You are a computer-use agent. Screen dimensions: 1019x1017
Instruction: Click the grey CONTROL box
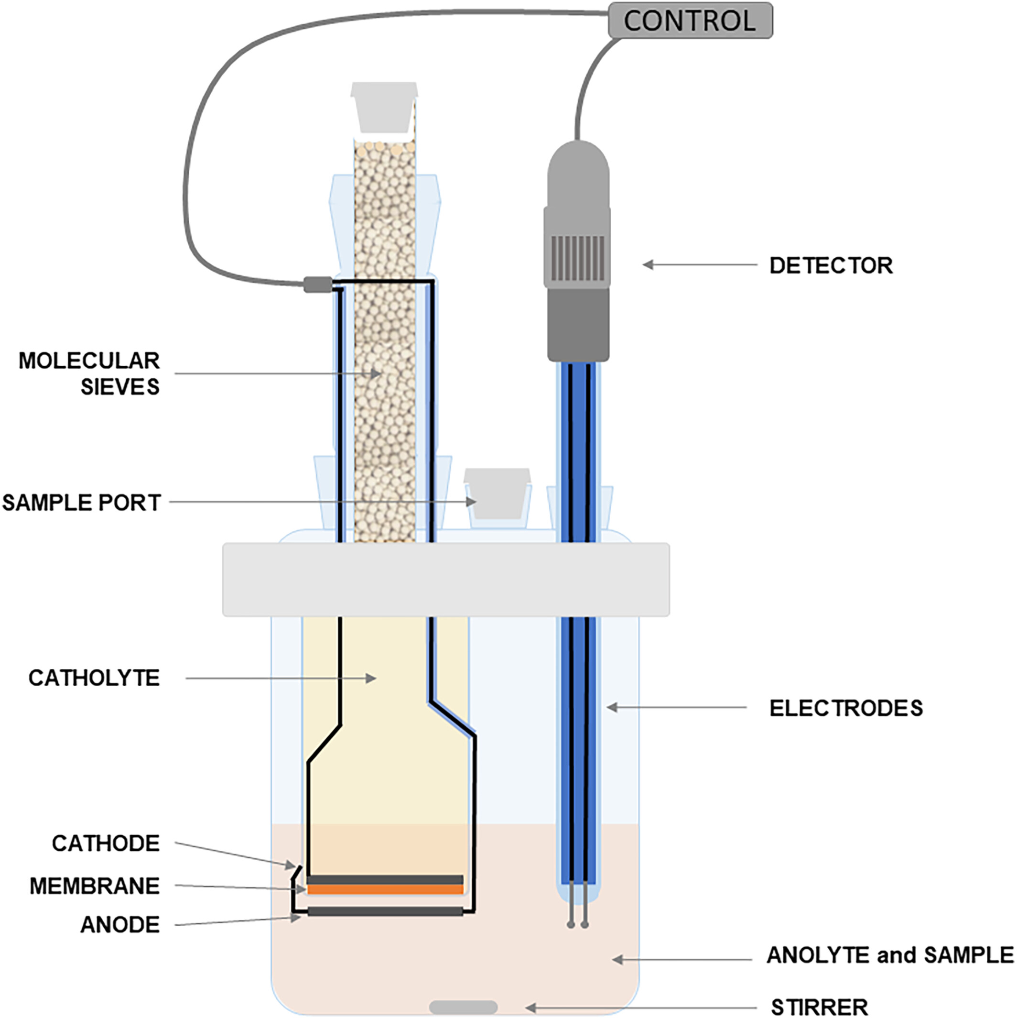(x=690, y=21)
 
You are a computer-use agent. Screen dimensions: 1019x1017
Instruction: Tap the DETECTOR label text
(x=831, y=265)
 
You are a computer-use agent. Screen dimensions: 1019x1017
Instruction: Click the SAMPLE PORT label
(x=82, y=503)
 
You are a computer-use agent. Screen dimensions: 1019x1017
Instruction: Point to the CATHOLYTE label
(x=94, y=678)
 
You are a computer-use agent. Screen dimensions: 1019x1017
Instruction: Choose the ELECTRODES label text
(x=845, y=708)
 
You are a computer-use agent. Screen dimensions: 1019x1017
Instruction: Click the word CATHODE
(x=106, y=844)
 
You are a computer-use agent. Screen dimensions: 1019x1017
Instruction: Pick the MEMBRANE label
(x=94, y=886)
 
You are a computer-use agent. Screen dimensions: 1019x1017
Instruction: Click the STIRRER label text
(x=819, y=1007)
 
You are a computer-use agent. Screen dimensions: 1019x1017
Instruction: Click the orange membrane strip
(x=385, y=890)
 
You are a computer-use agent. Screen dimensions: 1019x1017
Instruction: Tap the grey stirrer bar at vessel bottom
(x=463, y=1007)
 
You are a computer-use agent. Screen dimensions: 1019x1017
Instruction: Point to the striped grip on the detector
(x=577, y=258)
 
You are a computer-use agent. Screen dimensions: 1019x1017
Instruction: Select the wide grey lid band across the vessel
(x=445, y=579)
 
